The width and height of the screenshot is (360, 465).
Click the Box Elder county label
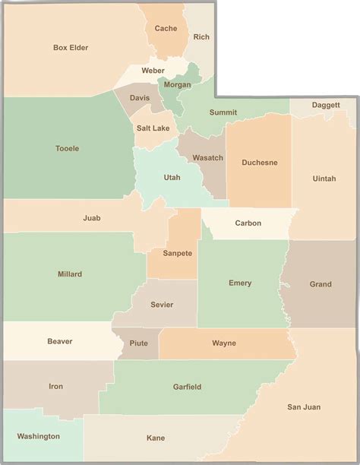coord(71,48)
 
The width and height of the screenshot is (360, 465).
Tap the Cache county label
coord(166,29)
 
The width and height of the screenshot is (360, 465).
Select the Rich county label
coord(201,36)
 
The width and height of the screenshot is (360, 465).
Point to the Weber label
coord(153,71)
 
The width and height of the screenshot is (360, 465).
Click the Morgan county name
coord(177,84)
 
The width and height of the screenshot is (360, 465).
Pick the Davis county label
coord(140,98)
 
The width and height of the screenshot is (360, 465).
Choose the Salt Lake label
coord(153,128)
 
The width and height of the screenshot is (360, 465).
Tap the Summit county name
coord(223,112)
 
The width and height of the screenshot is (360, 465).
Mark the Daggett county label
coord(325,105)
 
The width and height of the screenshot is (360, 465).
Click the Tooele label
coord(67,149)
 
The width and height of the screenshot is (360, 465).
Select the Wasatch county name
coord(207,158)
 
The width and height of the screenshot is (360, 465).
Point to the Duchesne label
coord(259,163)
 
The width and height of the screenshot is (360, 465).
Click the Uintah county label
coord(324,179)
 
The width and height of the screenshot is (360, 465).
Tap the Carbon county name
coord(248,223)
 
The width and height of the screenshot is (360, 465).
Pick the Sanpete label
coord(177,253)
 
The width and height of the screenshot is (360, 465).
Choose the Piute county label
coord(139,343)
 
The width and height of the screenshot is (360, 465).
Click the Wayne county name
coord(223,343)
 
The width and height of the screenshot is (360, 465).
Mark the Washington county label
coord(38,437)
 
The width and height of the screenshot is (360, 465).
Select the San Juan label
coord(304,407)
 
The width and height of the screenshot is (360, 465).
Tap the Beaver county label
coord(59,342)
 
